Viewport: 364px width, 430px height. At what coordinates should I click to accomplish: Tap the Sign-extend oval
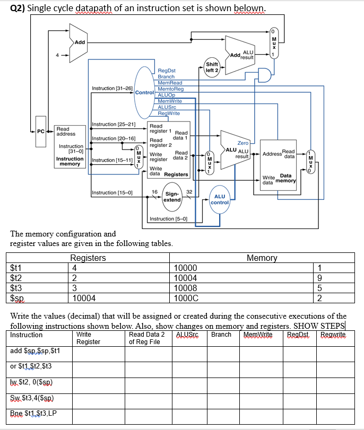(172, 197)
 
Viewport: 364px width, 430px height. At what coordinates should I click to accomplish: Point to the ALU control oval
(220, 199)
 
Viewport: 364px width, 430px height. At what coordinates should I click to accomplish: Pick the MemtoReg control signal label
(170, 89)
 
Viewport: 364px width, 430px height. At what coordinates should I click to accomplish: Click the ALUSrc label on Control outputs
(168, 107)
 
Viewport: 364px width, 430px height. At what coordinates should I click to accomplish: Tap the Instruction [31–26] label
(112, 88)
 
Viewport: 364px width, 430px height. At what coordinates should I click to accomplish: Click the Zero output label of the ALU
(242, 143)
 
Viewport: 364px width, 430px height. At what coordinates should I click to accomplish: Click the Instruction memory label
(70, 161)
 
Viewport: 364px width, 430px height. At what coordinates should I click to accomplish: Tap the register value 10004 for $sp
(84, 299)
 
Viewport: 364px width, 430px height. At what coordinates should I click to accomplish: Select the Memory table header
(262, 258)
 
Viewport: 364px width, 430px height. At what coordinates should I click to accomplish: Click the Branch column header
(221, 335)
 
